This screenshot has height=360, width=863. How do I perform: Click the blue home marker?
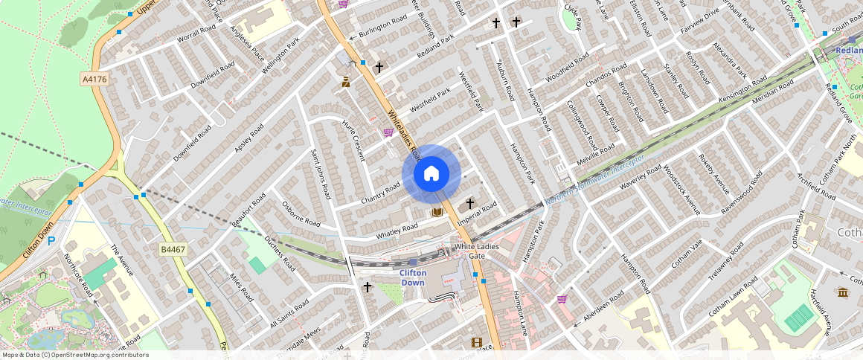[431, 174]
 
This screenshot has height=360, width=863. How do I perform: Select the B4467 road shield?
[173, 249]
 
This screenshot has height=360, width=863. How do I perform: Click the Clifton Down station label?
[413, 277]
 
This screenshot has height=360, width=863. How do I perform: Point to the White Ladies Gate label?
[475, 251]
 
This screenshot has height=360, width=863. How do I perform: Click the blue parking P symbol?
[51, 241]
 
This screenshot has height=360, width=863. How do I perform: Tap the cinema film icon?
[476, 342]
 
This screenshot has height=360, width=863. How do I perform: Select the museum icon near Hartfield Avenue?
[842, 292]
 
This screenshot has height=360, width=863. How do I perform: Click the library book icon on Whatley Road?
[437, 213]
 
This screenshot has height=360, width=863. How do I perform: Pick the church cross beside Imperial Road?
[470, 203]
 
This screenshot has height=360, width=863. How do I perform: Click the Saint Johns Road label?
[321, 173]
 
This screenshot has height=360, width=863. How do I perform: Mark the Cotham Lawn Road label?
[733, 297]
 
